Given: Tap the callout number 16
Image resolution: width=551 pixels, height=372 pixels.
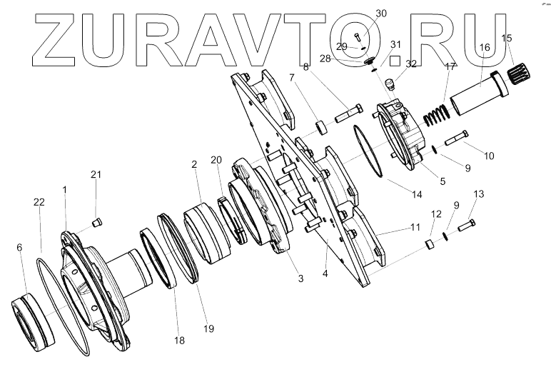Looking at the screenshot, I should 484,48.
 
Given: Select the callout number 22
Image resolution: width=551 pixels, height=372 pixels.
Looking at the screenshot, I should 40,203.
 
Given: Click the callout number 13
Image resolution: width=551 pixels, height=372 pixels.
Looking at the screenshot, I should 478,194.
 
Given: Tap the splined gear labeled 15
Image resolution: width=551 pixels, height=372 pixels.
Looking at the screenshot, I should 524,71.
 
